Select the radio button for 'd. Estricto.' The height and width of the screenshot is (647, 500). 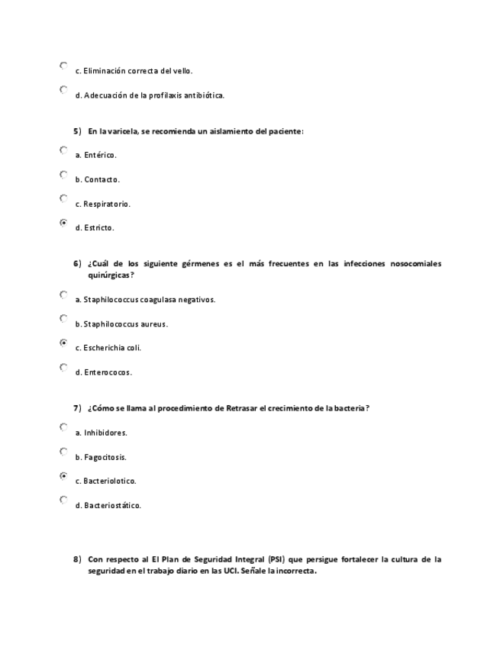tap(63, 223)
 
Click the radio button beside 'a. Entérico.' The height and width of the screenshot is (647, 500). tap(63, 150)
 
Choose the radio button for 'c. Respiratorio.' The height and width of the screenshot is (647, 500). tap(63, 198)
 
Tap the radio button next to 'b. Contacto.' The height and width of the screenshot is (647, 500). tap(63, 175)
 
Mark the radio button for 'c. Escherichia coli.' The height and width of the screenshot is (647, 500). tap(63, 343)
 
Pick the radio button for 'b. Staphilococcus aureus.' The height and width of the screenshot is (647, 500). tap(63, 319)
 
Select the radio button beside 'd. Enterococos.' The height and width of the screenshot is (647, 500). tap(63, 368)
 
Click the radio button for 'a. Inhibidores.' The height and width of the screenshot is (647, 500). tap(63, 427)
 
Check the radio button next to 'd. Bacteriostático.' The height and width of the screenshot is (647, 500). tap(63, 501)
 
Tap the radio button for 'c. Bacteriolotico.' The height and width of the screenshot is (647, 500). tap(63, 476)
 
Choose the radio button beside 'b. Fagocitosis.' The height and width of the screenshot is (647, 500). tap(63, 452)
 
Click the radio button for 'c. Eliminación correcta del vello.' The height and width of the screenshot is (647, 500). tap(63, 66)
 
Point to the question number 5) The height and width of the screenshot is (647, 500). tap(77, 131)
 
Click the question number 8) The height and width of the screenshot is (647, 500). tap(77, 559)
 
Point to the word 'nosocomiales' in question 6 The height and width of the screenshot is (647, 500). tap(415, 264)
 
